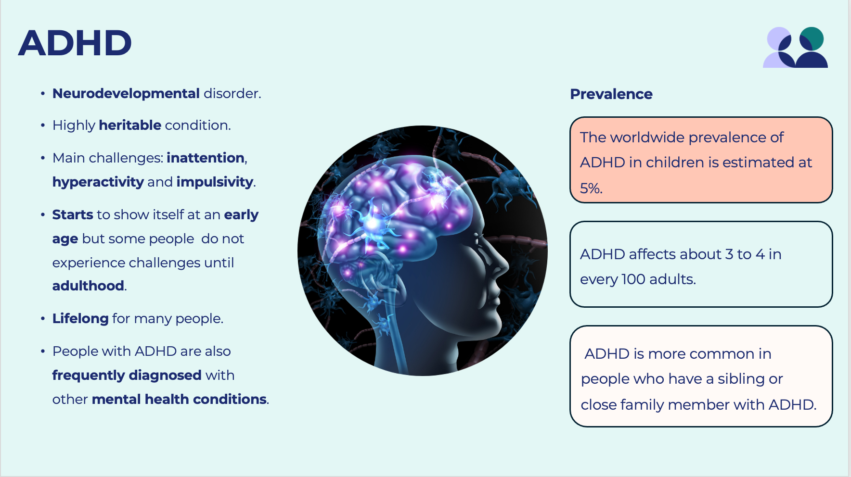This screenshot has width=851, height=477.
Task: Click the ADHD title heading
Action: (x=75, y=43)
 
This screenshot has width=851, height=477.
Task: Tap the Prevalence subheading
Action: (x=611, y=94)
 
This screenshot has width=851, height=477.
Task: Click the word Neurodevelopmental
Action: (x=126, y=93)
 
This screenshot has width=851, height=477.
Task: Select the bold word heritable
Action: (x=130, y=125)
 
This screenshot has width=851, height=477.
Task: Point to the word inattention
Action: (x=206, y=158)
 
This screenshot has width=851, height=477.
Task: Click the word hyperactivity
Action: (x=98, y=182)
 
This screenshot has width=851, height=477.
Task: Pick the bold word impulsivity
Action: (x=215, y=182)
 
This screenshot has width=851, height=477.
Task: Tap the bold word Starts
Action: (x=73, y=214)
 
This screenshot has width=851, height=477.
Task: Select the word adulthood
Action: (x=88, y=286)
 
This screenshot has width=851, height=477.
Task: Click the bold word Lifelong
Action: (x=80, y=318)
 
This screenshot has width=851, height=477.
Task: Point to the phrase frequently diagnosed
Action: (x=127, y=375)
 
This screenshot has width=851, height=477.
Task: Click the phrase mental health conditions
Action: (x=179, y=399)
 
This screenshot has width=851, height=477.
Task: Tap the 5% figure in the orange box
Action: (x=590, y=188)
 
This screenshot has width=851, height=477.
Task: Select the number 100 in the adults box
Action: (x=633, y=279)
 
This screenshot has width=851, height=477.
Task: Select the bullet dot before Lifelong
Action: (x=43, y=319)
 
